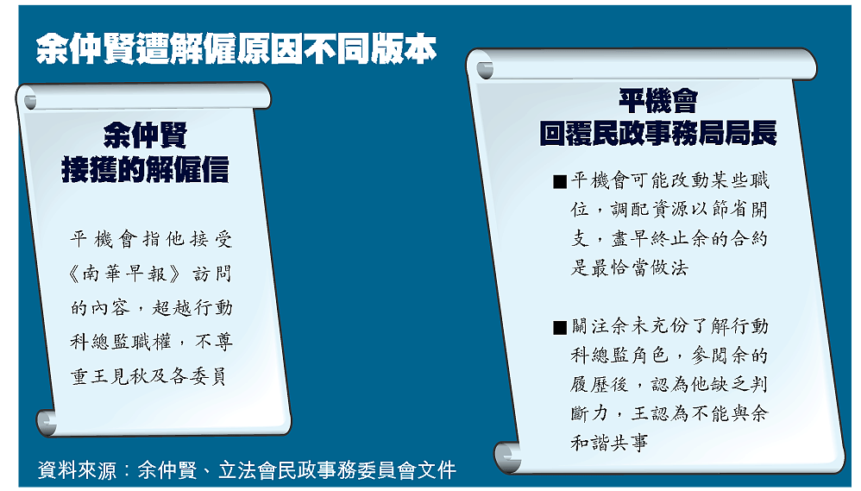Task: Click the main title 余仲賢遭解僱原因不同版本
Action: (236, 49)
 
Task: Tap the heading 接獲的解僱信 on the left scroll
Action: (145, 169)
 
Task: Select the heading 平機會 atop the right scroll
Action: (658, 101)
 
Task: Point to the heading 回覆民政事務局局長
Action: (658, 134)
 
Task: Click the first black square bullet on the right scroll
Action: (560, 182)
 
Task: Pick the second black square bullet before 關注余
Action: (560, 328)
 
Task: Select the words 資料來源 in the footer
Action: (77, 470)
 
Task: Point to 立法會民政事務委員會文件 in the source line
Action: (337, 470)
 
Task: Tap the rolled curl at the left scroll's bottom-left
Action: (47, 422)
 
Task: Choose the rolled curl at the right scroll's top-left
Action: (484, 70)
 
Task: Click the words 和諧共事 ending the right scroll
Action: (609, 443)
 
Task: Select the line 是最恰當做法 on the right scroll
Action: (629, 268)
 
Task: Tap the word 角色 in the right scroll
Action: (649, 356)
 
